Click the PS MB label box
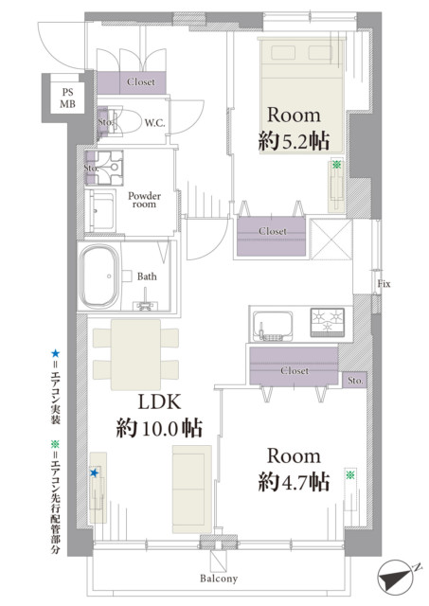click(x=67, y=98)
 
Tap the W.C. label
click(x=154, y=123)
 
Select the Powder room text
click(x=144, y=200)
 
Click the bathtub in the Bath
click(x=98, y=276)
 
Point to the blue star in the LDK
click(x=95, y=472)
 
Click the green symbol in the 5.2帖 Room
click(x=336, y=165)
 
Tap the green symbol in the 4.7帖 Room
click(x=350, y=474)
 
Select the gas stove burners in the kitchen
click(x=328, y=321)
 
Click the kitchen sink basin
click(x=273, y=326)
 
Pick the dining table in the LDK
click(x=135, y=354)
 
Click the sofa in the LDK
click(x=192, y=490)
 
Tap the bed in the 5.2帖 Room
click(x=302, y=96)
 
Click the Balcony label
click(x=219, y=579)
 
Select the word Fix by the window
click(x=384, y=284)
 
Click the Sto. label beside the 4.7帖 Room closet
click(x=355, y=381)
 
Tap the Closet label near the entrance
click(x=141, y=82)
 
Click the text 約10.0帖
click(x=159, y=428)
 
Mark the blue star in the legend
click(x=56, y=353)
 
